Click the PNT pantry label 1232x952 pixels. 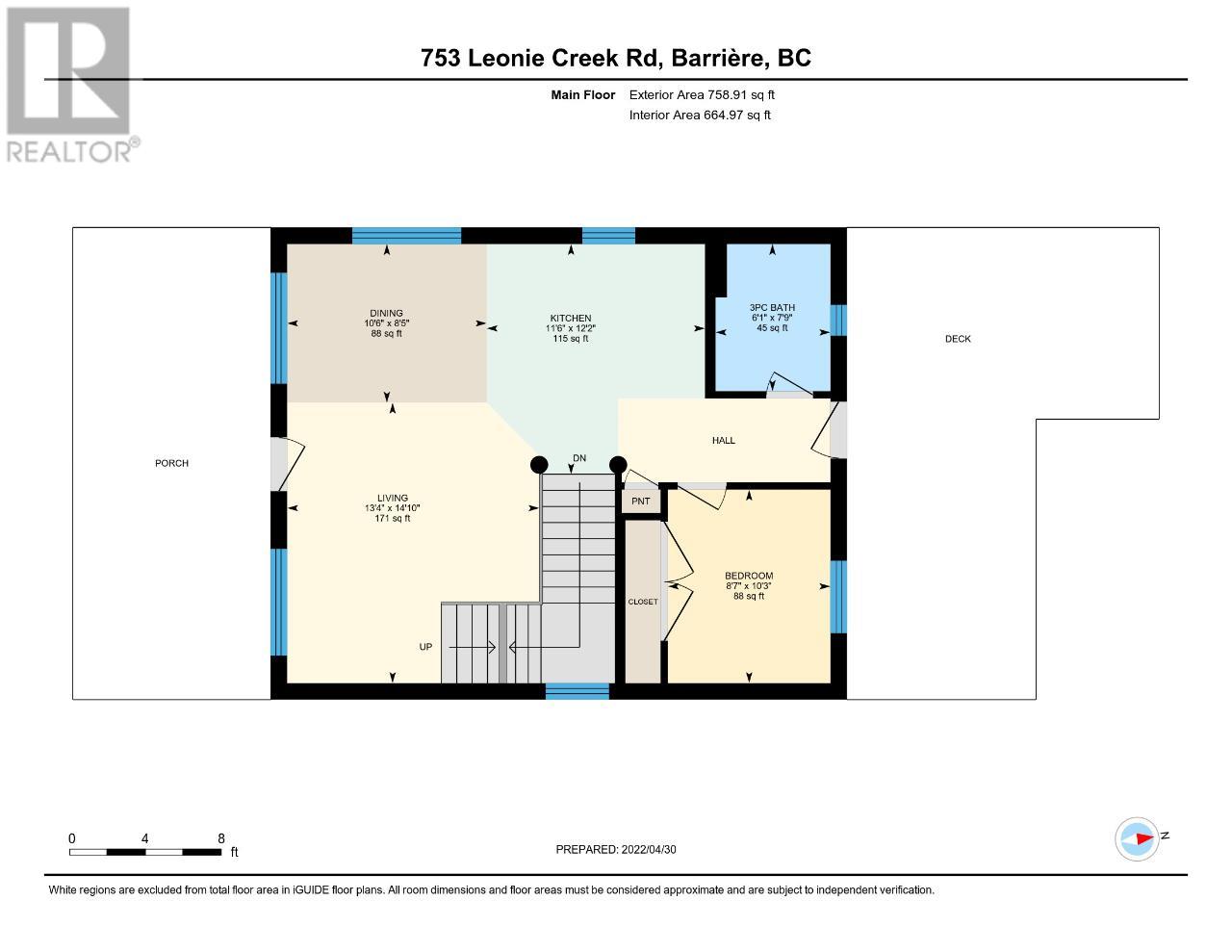[641, 502]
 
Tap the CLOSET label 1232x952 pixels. [643, 602]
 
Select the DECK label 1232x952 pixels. [958, 339]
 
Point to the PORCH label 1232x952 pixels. [171, 463]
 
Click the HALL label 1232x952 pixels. [724, 440]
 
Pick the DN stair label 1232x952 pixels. [579, 458]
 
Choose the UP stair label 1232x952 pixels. [425, 647]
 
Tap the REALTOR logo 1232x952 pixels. [71, 85]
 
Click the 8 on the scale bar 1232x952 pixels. [221, 838]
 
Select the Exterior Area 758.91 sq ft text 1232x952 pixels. [702, 94]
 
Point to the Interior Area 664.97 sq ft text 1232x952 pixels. [700, 116]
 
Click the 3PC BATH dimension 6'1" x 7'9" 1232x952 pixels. [772, 318]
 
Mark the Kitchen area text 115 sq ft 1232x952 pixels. [571, 339]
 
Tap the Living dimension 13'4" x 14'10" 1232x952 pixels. [393, 508]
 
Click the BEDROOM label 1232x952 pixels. [749, 576]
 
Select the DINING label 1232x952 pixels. [386, 313]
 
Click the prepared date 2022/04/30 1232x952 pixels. [649, 849]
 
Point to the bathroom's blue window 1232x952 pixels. [838, 321]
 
